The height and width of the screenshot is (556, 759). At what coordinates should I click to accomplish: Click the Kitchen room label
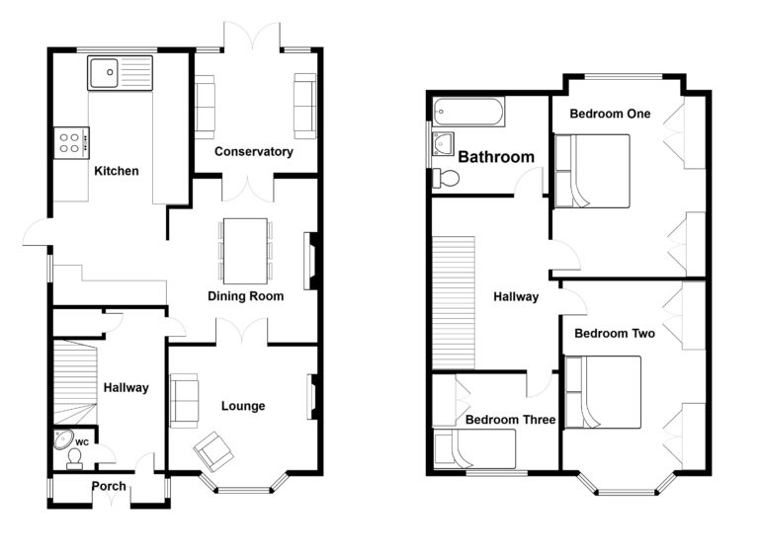click(x=117, y=171)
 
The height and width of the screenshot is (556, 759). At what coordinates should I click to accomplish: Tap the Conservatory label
click(x=254, y=151)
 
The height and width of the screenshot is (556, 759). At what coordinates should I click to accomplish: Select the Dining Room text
click(x=245, y=296)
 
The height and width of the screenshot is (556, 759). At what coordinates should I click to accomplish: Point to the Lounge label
click(x=243, y=406)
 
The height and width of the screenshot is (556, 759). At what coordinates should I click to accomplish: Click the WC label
click(x=82, y=442)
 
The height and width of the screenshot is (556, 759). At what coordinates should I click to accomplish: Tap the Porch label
click(x=109, y=486)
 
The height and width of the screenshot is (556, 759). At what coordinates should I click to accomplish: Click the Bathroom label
click(x=496, y=157)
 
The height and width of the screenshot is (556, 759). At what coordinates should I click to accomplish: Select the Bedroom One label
click(x=610, y=114)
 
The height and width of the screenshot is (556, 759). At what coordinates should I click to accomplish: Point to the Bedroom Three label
click(x=510, y=420)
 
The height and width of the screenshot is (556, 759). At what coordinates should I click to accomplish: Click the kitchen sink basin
click(x=104, y=73)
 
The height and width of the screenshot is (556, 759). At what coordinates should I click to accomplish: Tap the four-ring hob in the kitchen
click(x=71, y=143)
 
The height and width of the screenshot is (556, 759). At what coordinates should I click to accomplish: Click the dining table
click(x=245, y=251)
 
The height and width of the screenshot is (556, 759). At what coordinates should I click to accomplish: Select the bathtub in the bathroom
click(x=468, y=112)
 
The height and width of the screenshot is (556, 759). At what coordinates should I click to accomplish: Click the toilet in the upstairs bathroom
click(x=446, y=178)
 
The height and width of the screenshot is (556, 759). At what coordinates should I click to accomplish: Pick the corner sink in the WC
click(x=63, y=439)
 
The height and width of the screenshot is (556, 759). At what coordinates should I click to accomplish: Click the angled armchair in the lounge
click(x=213, y=451)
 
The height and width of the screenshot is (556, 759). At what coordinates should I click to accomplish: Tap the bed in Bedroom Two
click(x=603, y=392)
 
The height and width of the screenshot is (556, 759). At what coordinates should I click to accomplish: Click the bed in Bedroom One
click(x=592, y=171)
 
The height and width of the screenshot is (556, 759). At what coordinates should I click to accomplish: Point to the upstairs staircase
click(x=454, y=303)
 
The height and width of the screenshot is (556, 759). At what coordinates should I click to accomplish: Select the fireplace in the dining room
click(x=310, y=261)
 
